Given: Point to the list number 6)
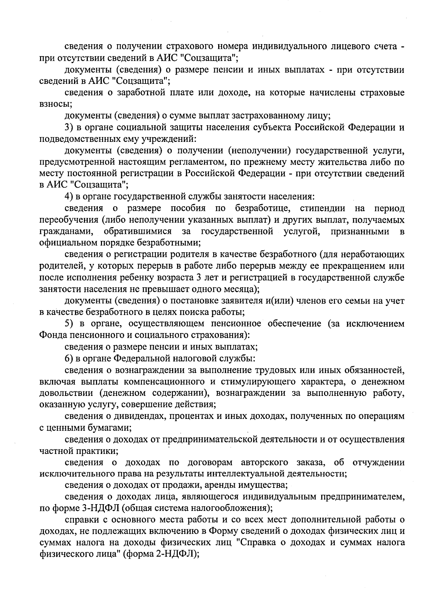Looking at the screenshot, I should click(69, 358).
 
